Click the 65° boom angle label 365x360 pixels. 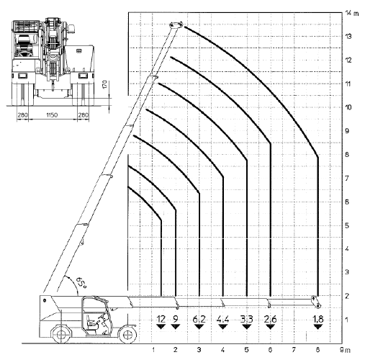point(81,282)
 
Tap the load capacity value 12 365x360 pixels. point(161,319)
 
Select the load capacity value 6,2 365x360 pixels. point(199,319)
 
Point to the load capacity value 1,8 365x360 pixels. point(318,319)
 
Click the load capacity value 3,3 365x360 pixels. point(247,319)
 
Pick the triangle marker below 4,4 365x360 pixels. point(223,327)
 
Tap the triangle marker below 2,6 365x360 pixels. point(271,327)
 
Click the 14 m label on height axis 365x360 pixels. point(352,13)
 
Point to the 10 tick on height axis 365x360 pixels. point(348,107)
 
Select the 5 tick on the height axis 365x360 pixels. point(347,225)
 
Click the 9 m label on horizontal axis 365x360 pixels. point(345,350)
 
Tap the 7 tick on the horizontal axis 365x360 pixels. point(294,350)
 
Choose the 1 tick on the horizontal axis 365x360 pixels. point(153,350)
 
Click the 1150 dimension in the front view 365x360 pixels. point(52,115)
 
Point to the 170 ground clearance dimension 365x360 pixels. point(105,84)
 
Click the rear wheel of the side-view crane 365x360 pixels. point(61,334)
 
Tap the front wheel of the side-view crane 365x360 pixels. point(128,334)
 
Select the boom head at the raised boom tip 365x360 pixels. point(176,25)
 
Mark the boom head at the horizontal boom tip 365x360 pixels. point(316,302)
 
